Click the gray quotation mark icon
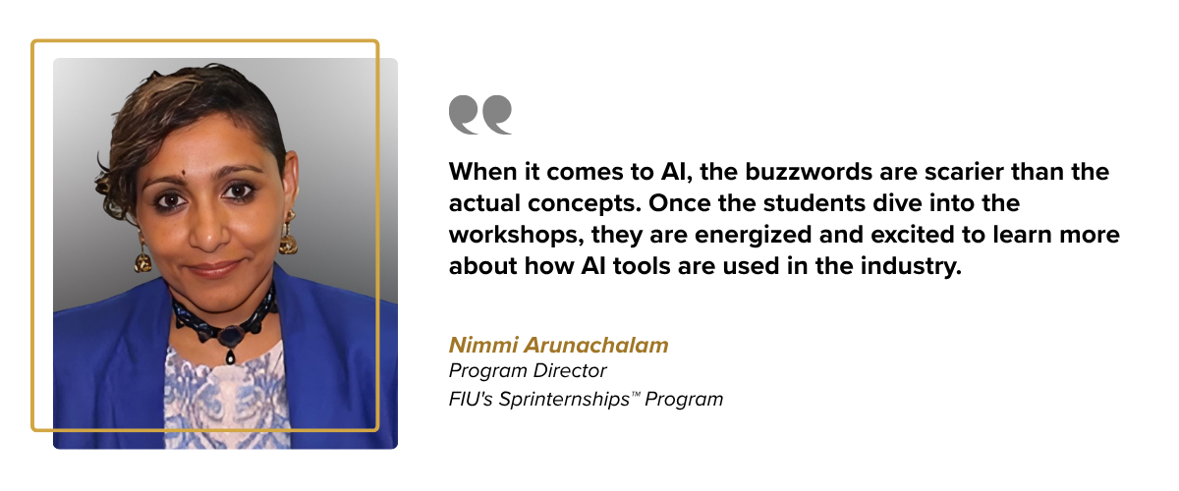point(480,114)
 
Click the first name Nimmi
point(477,345)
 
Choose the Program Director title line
point(528,371)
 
